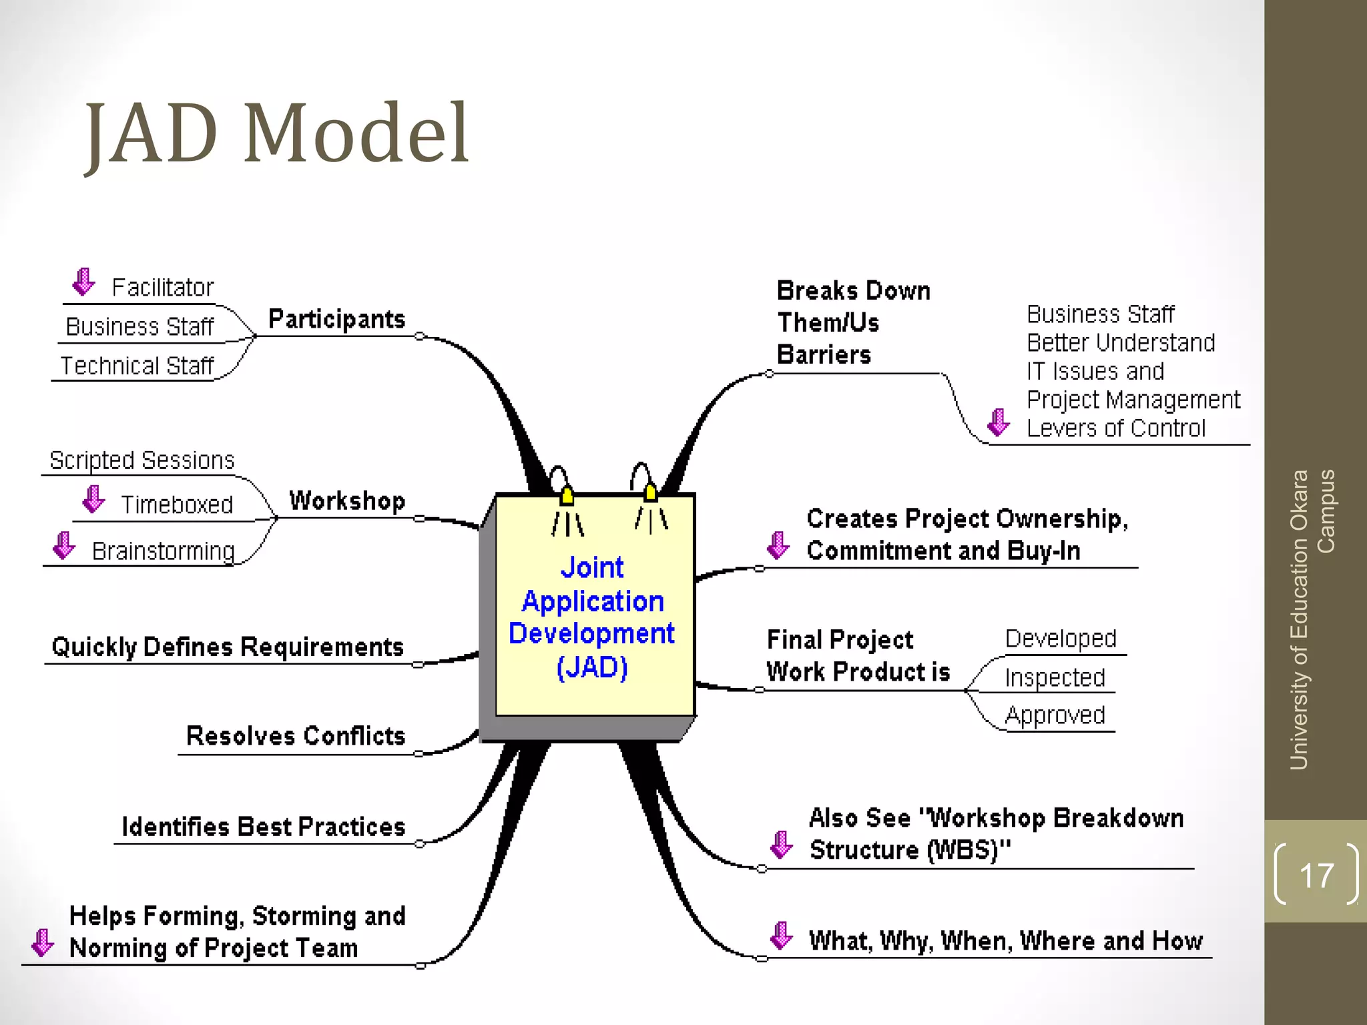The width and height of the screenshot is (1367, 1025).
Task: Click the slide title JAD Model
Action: coord(277,133)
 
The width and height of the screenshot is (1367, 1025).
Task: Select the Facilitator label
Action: coord(162,288)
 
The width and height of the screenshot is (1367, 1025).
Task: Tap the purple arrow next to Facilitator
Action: coord(83,282)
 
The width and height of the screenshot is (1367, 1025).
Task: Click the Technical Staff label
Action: coord(137,366)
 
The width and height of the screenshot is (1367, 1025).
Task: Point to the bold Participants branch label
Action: coord(336,319)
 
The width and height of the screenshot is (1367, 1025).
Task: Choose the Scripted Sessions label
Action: coord(142,460)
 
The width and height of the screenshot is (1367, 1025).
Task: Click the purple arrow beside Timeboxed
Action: coord(93,499)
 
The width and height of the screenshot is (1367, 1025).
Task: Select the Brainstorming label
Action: coord(163,551)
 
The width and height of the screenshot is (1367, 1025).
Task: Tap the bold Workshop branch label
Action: coord(347,500)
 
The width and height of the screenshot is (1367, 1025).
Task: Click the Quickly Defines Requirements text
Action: coord(228,647)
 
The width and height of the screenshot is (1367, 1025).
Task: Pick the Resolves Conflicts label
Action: coord(296,735)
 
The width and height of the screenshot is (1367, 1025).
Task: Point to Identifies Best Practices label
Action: coord(263,827)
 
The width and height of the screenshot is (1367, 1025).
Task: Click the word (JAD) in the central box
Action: coord(592,667)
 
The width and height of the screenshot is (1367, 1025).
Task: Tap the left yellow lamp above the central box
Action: coord(567,496)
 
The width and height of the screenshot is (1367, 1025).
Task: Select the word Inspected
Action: coord(1055,677)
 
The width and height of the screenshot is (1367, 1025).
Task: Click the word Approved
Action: coord(1055,715)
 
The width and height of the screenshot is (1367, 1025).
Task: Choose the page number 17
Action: coord(1316,875)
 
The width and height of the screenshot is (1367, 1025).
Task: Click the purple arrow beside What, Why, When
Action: coord(780,935)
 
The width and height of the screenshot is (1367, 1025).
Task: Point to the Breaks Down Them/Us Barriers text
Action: coord(852,322)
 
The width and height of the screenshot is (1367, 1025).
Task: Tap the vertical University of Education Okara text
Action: coord(1300,621)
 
